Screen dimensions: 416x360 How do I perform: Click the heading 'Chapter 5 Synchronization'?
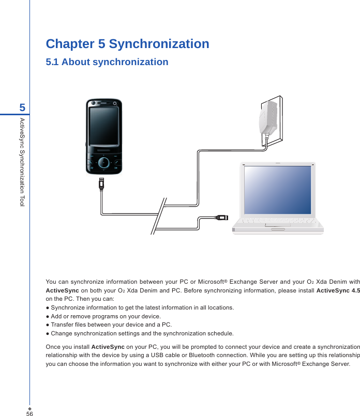tap(127, 44)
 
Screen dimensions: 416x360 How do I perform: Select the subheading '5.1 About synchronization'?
tap(107, 63)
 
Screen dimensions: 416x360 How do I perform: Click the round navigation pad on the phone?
tap(104, 162)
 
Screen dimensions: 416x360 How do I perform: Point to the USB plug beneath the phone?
tap(101, 184)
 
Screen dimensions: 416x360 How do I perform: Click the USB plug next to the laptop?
tap(221, 217)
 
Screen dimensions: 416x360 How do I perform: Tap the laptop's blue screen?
tap(278, 190)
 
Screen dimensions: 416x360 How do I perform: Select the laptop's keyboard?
tap(278, 221)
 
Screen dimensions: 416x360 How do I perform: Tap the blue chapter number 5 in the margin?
tap(22, 108)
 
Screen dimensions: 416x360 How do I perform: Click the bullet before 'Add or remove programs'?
tap(48, 316)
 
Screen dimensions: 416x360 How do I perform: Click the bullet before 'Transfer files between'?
tap(48, 325)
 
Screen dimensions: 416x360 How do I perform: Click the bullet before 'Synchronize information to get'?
tap(48, 308)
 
